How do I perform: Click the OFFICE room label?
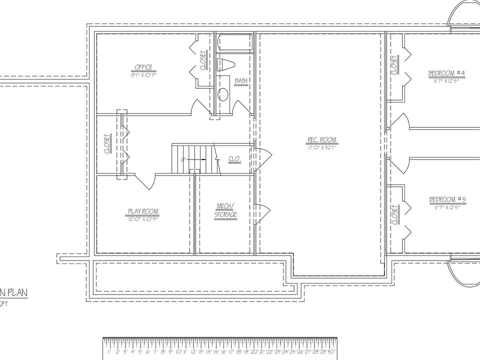(143, 67)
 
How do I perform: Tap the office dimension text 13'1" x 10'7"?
(143, 75)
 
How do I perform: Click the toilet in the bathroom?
(226, 64)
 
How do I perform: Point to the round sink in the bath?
(223, 93)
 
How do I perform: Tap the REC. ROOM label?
(322, 139)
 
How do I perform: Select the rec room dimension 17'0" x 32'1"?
(322, 147)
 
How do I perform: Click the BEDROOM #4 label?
(446, 73)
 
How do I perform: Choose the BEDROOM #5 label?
(447, 200)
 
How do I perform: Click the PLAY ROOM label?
(143, 211)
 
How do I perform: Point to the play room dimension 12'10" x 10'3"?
(143, 218)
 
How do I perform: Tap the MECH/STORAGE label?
(225, 210)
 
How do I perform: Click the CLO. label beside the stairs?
(234, 159)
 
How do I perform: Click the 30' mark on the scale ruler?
(331, 351)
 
